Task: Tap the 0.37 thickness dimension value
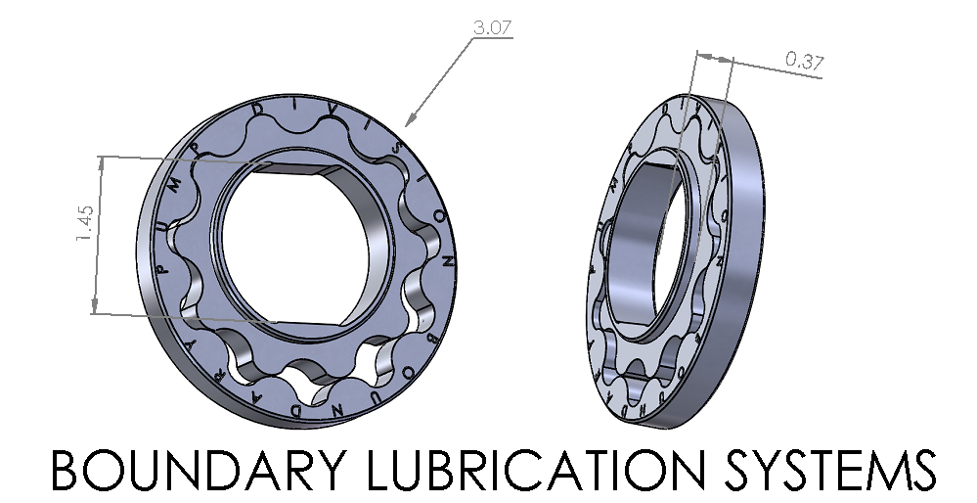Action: (805, 62)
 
